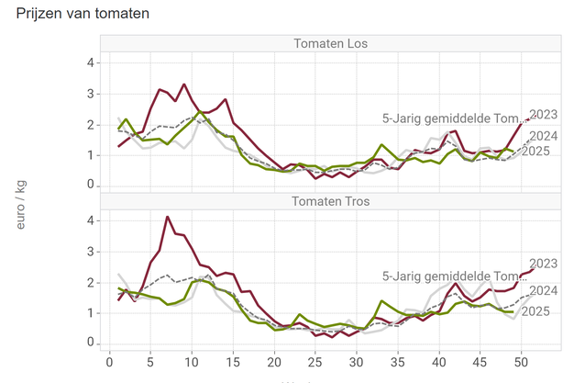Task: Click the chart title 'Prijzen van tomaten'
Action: (83, 15)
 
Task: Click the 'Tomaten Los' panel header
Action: (330, 44)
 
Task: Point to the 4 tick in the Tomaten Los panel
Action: (90, 62)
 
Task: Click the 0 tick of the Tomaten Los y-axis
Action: (90, 186)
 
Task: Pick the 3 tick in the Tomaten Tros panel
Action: (90, 251)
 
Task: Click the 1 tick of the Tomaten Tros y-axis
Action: (90, 312)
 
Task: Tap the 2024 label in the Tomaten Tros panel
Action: (545, 290)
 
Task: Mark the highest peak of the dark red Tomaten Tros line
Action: (167, 217)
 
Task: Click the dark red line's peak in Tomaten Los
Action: (183, 84)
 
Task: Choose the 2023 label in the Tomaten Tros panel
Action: (545, 264)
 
